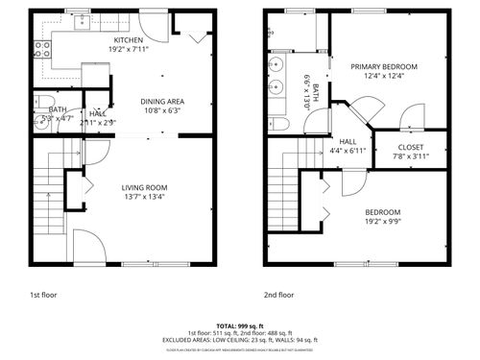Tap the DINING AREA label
coord(161,101)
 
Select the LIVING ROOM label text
coord(144,187)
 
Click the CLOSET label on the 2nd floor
coord(410,147)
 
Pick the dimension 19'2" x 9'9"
coord(382,221)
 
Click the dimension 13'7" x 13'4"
coord(144,197)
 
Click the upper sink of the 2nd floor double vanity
coord(276,65)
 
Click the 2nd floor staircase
coord(284,187)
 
